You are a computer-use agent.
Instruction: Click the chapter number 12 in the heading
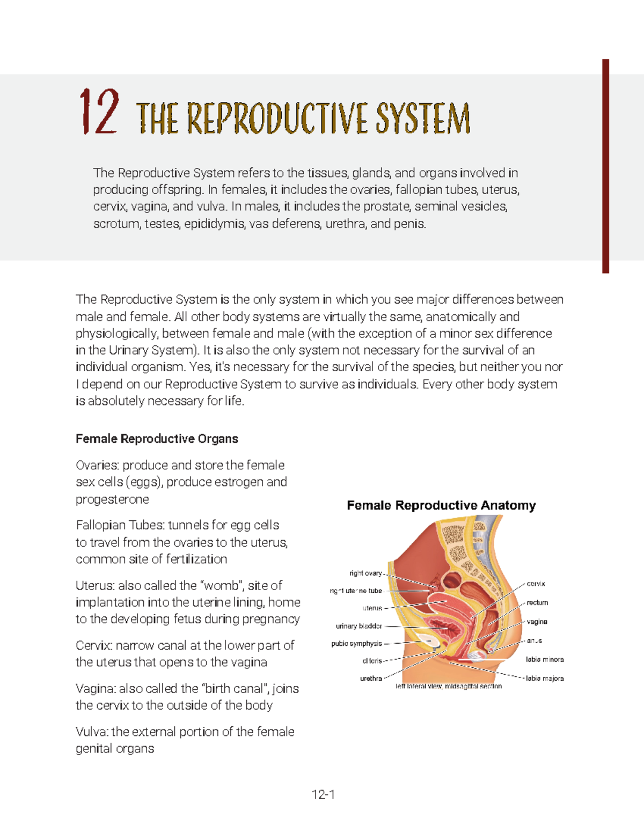point(99,112)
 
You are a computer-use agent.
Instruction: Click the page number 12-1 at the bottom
point(323,794)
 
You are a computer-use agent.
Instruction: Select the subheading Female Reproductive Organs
point(157,439)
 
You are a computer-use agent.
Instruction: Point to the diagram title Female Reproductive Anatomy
point(441,505)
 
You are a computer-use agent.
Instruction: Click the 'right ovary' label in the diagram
point(365,573)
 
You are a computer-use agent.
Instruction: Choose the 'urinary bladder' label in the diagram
point(358,626)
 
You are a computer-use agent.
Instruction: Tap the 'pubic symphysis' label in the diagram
point(356,644)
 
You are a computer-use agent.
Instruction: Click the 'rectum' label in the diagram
point(537,602)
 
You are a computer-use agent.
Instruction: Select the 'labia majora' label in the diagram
point(545,679)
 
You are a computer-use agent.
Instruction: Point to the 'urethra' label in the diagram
point(371,679)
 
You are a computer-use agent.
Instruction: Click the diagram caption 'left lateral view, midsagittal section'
point(449,686)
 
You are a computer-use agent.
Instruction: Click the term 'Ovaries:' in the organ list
point(98,465)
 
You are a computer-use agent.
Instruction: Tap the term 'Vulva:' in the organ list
point(92,732)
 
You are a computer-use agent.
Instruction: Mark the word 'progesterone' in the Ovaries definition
point(112,499)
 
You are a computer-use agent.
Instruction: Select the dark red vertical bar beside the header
point(605,166)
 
